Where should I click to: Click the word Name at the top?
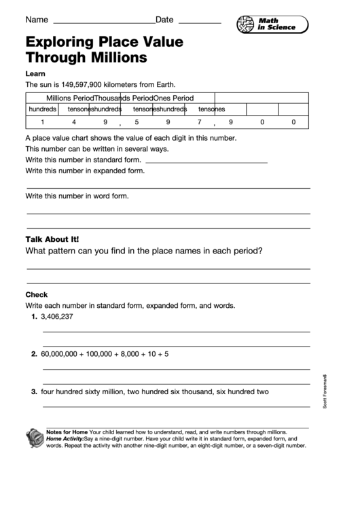pyautogui.click(x=37, y=20)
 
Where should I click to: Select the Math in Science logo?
pyautogui.click(x=272, y=24)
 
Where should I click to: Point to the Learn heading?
pyautogui.click(x=35, y=73)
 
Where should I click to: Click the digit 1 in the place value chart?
pyautogui.click(x=42, y=122)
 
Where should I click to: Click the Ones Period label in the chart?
pyautogui.click(x=173, y=98)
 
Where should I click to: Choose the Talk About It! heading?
pyautogui.click(x=52, y=239)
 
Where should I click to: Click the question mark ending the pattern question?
pyautogui.click(x=260, y=251)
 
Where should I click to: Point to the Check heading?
pyautogui.click(x=37, y=295)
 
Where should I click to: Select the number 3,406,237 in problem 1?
pyautogui.click(x=57, y=317)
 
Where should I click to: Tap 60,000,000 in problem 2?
pyautogui.click(x=61, y=354)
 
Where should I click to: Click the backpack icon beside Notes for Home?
pyautogui.click(x=34, y=438)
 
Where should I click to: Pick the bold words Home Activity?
pyautogui.click(x=65, y=439)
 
